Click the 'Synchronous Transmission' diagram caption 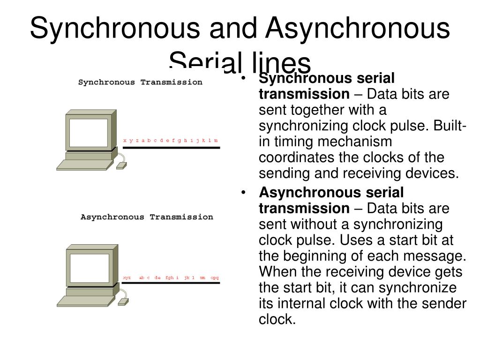(x=140, y=82)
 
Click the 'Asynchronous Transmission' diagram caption (x=147, y=217)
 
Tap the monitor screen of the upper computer (x=89, y=132)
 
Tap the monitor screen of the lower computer (x=89, y=268)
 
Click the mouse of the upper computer (x=121, y=165)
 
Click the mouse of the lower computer (x=122, y=300)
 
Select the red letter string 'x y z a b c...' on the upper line (x=171, y=140)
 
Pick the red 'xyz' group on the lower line (x=127, y=277)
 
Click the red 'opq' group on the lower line (x=215, y=277)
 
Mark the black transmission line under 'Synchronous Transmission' (x=171, y=148)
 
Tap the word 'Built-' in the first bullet (x=450, y=126)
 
